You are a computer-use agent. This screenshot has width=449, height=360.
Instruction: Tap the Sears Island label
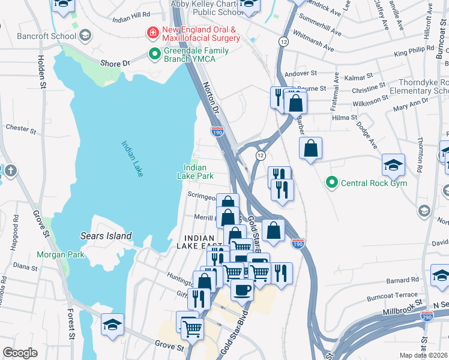click(106, 236)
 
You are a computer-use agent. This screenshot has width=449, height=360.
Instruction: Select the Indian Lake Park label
click(195, 172)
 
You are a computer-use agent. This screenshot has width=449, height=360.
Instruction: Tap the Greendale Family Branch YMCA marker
click(154, 55)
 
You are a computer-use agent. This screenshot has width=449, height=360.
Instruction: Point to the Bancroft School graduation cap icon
click(85, 35)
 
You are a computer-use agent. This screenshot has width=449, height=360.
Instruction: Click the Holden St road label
click(42, 71)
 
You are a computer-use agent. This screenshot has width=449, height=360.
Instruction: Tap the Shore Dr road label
click(115, 63)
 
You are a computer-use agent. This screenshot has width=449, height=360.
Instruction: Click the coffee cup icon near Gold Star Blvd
click(242, 290)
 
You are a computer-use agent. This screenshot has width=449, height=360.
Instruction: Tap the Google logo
click(20, 353)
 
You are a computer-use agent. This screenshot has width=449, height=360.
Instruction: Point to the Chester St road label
click(17, 128)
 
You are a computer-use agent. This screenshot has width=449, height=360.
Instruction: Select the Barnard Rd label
click(402, 280)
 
